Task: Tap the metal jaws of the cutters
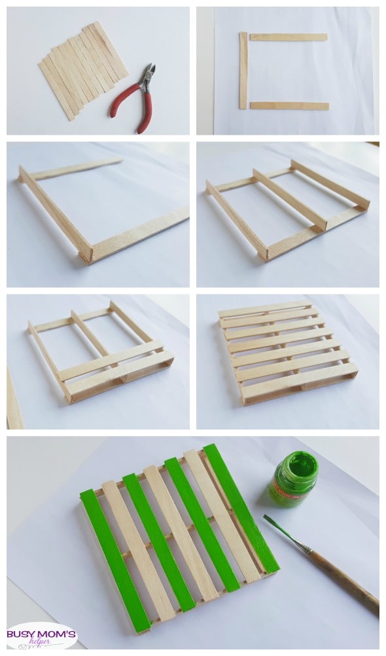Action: click(148, 76)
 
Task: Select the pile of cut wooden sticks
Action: click(84, 69)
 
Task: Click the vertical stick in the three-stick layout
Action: click(243, 70)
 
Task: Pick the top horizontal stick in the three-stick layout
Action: click(289, 37)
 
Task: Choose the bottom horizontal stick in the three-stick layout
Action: click(289, 106)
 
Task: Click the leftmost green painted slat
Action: click(115, 560)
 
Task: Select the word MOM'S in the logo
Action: click(54, 634)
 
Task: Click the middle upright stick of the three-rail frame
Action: click(290, 200)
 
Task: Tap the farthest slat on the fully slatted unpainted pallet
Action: click(265, 308)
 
